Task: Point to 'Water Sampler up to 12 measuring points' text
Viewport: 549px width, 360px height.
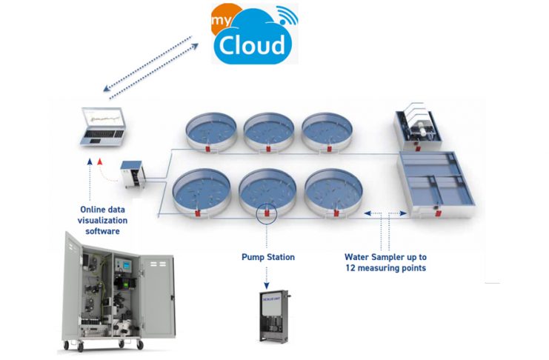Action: click(x=385, y=262)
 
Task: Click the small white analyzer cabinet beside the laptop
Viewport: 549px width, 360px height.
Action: click(x=133, y=175)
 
